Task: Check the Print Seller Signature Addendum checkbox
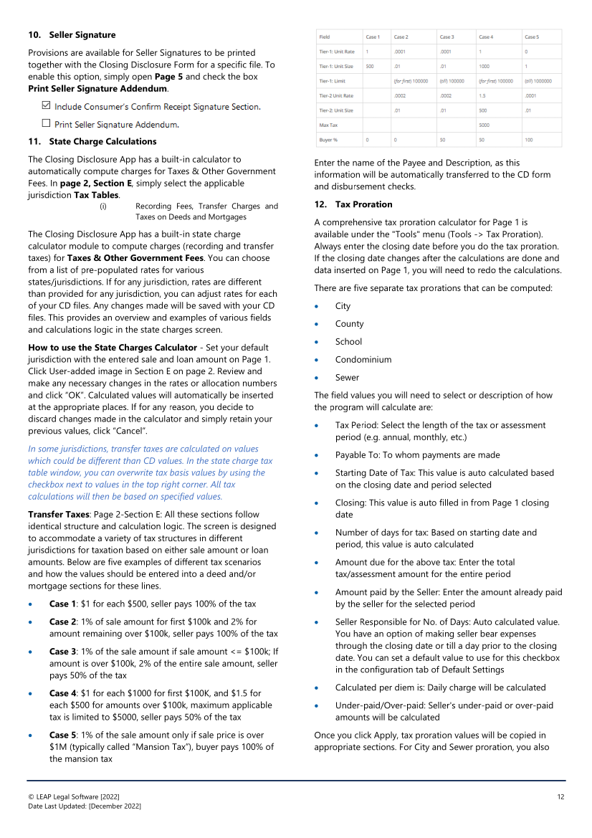point(47,123)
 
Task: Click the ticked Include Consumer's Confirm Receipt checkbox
point(47,106)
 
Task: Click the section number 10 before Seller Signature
point(34,35)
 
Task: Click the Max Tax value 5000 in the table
point(484,125)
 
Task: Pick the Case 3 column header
point(446,37)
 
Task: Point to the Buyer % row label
point(330,139)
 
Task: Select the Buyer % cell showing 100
point(530,139)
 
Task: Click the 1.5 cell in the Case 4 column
point(484,95)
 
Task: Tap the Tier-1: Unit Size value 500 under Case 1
point(370,66)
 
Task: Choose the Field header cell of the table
point(325,37)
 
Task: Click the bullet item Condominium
point(363,359)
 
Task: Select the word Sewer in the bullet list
point(347,377)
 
